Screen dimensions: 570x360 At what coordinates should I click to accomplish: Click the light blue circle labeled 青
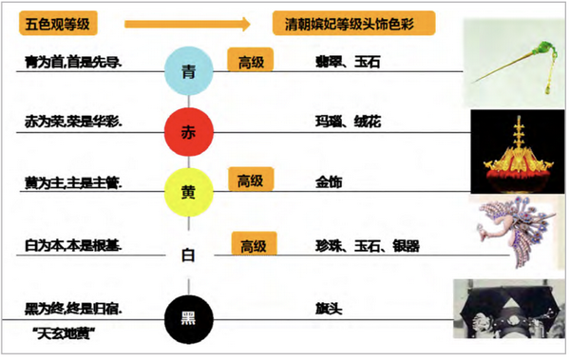(x=188, y=67)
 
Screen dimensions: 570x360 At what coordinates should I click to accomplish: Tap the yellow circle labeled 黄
(x=188, y=191)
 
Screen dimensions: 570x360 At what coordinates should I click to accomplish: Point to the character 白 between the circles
(x=188, y=255)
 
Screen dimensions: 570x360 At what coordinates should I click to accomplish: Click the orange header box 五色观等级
(x=62, y=22)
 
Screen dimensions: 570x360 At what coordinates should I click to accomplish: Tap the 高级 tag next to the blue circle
(x=251, y=62)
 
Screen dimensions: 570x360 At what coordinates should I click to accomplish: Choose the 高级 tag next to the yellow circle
(x=251, y=180)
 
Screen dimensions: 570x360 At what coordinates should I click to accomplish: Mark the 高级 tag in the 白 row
(x=254, y=246)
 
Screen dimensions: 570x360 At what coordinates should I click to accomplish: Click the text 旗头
(x=328, y=309)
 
